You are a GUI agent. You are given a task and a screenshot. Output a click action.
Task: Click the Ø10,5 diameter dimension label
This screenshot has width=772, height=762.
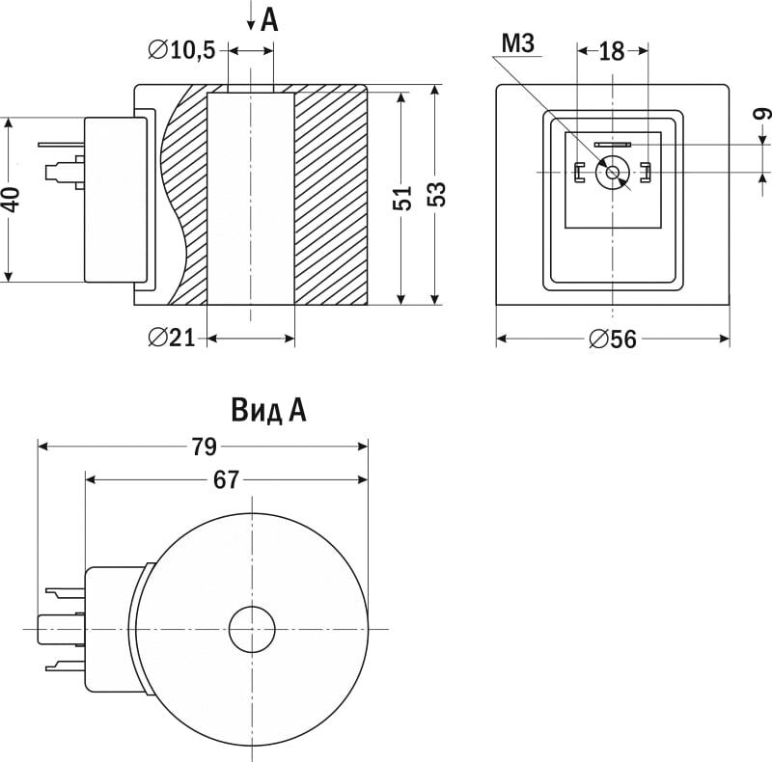pos(182,50)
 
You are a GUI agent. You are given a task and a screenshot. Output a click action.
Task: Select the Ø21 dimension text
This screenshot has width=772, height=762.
pos(172,338)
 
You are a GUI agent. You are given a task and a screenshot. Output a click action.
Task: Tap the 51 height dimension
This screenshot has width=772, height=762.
pos(402,199)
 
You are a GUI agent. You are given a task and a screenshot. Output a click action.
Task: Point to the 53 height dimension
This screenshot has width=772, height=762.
pos(436,194)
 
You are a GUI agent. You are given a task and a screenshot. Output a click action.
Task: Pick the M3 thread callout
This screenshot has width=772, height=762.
pos(518,43)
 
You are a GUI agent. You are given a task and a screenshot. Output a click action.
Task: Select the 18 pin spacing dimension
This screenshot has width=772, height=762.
pos(612,51)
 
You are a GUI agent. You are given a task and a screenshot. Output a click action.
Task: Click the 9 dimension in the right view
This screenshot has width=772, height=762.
pos(761,114)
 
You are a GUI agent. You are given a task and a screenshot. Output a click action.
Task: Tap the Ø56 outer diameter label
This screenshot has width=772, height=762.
pos(613,340)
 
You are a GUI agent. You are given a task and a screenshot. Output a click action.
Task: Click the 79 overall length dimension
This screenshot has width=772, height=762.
pos(204,447)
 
